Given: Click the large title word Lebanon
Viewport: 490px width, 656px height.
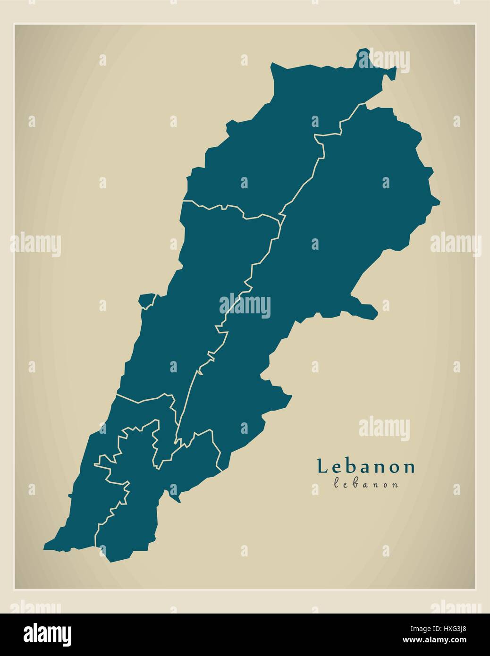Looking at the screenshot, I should coord(366,466).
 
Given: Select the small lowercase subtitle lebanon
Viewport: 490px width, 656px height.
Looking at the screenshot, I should coord(366,484).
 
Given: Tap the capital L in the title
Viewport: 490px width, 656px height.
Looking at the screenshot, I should coord(323,466).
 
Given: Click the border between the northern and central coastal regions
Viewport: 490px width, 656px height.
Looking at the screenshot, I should coord(227,208).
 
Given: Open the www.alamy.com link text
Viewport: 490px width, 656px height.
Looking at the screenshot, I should coord(451,640).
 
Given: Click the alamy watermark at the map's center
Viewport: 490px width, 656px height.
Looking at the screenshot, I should coord(245,306).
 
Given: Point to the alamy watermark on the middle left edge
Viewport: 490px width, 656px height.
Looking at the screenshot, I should coord(35,244).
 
